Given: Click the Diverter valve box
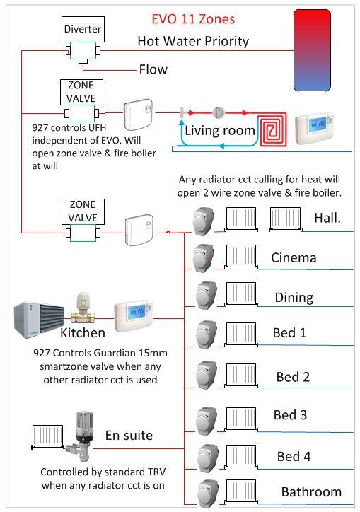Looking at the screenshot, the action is [x=83, y=30].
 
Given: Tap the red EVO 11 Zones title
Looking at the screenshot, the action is [x=193, y=19].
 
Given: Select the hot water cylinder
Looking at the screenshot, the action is [x=312, y=50].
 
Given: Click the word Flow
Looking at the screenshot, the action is [x=153, y=69].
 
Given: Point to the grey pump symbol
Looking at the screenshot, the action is [x=219, y=113].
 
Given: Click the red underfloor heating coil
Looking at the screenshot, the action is [x=272, y=129].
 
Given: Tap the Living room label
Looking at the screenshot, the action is [x=220, y=131].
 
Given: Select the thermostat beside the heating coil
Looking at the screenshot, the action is [x=315, y=128].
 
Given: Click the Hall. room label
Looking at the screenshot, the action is [x=327, y=218].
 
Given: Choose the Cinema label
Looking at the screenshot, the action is [x=294, y=258].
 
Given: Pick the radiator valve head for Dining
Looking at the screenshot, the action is [x=206, y=295].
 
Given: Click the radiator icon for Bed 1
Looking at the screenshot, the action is [x=241, y=334].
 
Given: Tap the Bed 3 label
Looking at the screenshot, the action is [x=291, y=415].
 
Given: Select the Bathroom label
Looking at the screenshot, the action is [x=311, y=491].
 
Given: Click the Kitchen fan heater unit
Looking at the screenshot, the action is [x=39, y=320].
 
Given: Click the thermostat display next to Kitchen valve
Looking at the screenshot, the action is [x=134, y=317].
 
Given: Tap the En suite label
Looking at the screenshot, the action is [x=129, y=436].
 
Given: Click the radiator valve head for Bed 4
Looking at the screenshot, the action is [x=207, y=458].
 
